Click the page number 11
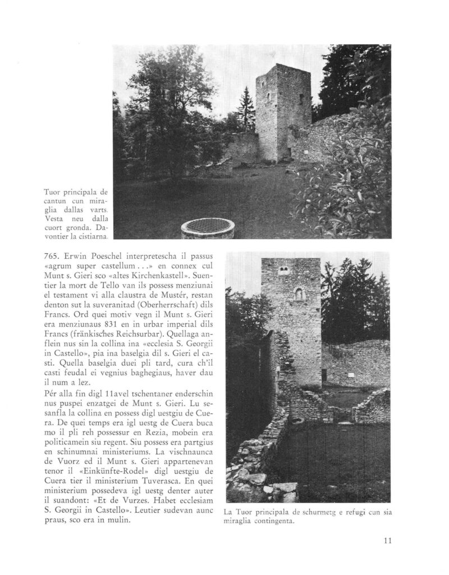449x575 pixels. [387, 541]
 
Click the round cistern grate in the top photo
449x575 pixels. [207, 227]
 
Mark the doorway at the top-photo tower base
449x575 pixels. [287, 151]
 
